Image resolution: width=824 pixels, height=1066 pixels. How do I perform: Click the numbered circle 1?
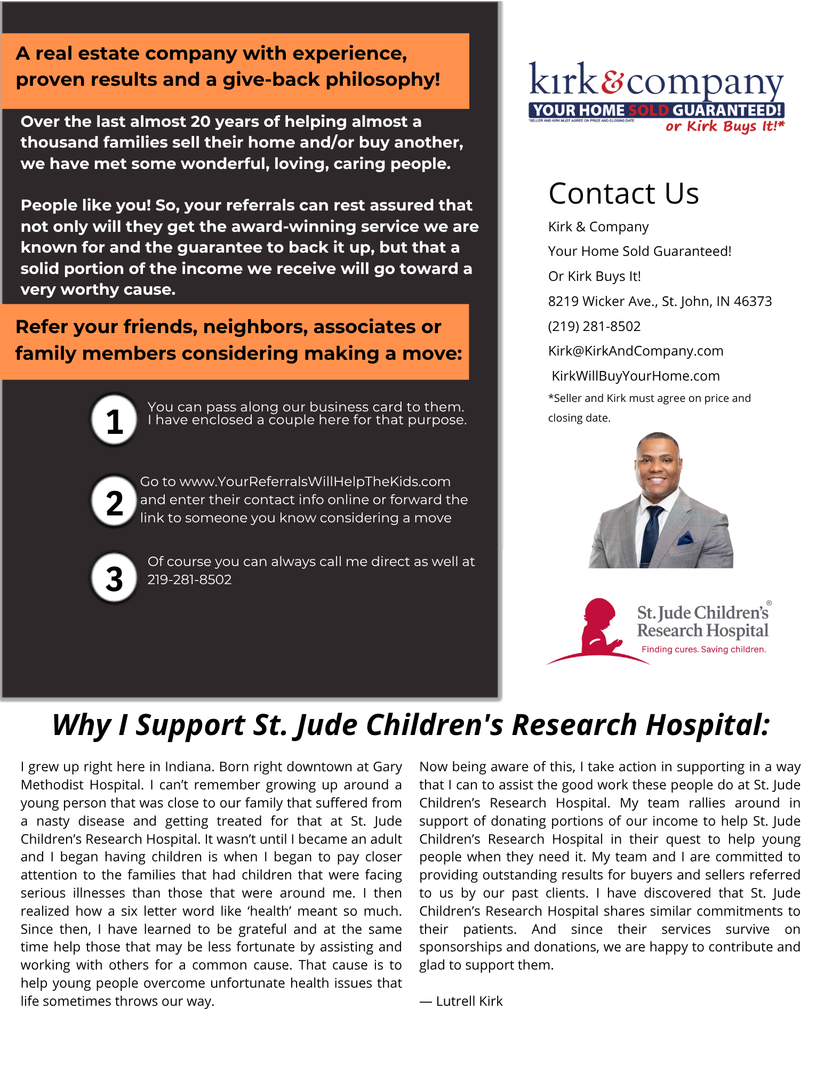tap(114, 420)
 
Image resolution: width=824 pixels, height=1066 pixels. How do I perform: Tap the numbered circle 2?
tap(114, 502)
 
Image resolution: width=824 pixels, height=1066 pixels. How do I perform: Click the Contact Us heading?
tap(623, 193)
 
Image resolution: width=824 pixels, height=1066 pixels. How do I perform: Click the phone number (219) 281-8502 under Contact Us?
tap(594, 326)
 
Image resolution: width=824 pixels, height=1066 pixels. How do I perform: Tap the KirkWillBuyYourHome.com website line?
tap(635, 376)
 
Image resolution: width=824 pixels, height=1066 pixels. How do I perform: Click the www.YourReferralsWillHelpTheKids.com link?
tap(315, 482)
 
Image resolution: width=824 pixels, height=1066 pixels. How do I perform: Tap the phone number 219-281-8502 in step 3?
tap(189, 580)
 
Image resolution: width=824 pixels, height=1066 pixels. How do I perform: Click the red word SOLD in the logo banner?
tap(648, 110)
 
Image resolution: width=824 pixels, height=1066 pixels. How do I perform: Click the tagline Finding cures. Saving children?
tap(703, 649)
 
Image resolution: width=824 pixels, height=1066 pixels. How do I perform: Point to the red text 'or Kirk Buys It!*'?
tap(724, 126)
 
